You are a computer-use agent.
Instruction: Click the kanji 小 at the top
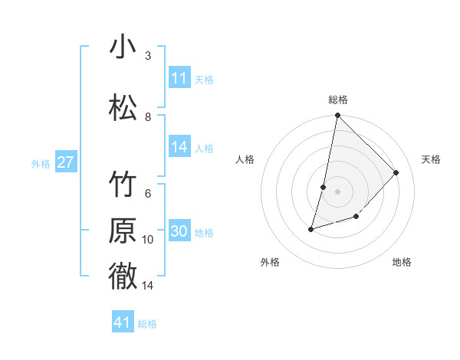[123, 47]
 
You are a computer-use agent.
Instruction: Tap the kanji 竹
[123, 185]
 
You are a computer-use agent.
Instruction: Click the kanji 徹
[123, 277]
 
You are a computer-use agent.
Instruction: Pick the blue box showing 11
[179, 78]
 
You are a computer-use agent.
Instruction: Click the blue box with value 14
[179, 148]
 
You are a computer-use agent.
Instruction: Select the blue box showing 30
[179, 232]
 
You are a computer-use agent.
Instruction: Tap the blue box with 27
[65, 162]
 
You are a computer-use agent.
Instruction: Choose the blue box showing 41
[123, 322]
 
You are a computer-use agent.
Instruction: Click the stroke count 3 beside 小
[148, 56]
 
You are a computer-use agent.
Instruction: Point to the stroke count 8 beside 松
[148, 116]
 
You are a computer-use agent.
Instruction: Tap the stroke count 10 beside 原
[148, 240]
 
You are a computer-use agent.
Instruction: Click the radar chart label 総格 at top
[338, 100]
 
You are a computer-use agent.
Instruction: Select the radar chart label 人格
[245, 159]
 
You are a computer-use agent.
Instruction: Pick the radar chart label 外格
[270, 262]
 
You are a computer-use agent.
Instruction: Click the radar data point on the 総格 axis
[337, 116]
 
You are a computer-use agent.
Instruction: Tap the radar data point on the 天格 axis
[396, 172]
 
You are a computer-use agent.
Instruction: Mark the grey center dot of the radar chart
[337, 191]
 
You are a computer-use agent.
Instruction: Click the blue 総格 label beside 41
[147, 323]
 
